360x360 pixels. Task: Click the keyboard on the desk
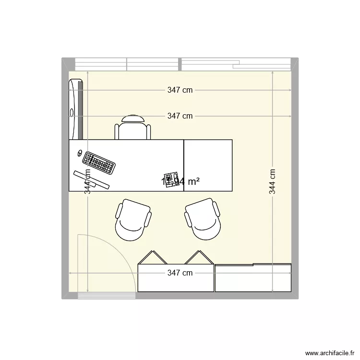click(x=99, y=163)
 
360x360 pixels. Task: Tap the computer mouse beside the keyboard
click(x=79, y=154)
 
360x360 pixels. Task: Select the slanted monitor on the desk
click(x=91, y=179)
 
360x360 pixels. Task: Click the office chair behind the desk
click(x=132, y=128)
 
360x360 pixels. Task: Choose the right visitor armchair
click(x=203, y=220)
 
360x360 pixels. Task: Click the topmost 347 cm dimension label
click(x=180, y=90)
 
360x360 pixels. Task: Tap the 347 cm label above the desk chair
click(x=180, y=116)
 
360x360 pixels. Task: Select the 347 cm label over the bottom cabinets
click(x=180, y=273)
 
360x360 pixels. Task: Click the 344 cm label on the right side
click(x=272, y=181)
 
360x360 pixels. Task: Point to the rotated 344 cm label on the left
click(x=87, y=181)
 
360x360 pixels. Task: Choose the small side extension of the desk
click(x=208, y=165)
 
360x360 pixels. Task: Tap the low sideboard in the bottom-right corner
click(x=253, y=278)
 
